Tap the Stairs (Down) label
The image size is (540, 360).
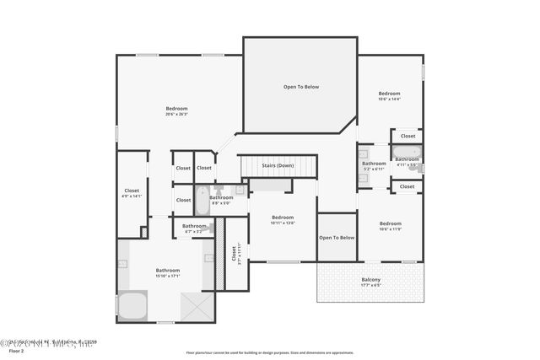[278, 165]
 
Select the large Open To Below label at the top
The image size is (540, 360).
[300, 87]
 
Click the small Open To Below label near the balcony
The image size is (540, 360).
[337, 238]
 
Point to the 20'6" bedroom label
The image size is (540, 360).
[176, 110]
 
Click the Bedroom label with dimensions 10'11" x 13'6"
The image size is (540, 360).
[283, 219]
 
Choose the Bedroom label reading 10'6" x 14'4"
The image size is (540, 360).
[389, 95]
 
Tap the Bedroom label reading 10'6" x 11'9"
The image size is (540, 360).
[389, 226]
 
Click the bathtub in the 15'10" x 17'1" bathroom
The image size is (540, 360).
[132, 305]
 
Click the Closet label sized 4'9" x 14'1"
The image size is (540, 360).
[132, 192]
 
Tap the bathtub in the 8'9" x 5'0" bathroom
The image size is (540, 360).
[202, 201]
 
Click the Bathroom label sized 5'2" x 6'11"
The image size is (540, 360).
[374, 165]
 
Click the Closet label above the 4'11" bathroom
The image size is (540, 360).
[408, 136]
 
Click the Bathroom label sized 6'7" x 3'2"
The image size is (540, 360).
[194, 227]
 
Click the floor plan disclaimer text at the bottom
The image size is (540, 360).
[270, 352]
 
